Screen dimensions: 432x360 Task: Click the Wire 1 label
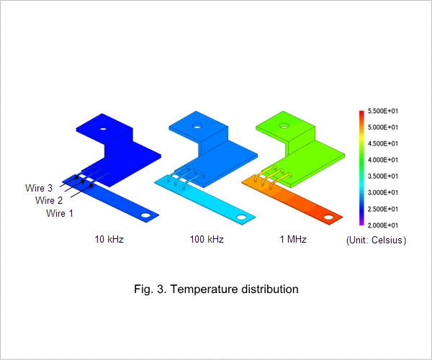tap(60, 213)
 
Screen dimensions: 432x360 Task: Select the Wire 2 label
tap(49, 200)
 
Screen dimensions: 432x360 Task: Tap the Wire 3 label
tap(39, 188)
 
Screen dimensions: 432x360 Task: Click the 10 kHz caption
tap(109, 239)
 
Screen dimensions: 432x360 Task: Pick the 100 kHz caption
tap(207, 239)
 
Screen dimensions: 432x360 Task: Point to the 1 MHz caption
tap(293, 239)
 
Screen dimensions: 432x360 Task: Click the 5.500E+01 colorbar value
tap(383, 111)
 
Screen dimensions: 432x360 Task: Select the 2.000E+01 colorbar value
tap(383, 225)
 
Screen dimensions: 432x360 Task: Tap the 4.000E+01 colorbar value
tap(383, 160)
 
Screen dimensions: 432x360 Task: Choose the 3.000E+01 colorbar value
tap(383, 192)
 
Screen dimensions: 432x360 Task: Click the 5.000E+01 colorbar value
tap(383, 127)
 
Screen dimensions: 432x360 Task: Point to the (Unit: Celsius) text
tap(376, 240)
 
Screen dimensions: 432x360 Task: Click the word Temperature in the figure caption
tap(204, 289)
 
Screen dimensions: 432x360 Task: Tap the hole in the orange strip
tap(328, 217)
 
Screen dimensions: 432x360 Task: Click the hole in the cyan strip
tap(241, 217)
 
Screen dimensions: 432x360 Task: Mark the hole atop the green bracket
tap(284, 126)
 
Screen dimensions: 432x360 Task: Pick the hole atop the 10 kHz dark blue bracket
tap(103, 127)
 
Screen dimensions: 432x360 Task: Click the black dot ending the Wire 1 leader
tap(91, 186)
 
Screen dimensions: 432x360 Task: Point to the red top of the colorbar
tap(361, 112)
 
